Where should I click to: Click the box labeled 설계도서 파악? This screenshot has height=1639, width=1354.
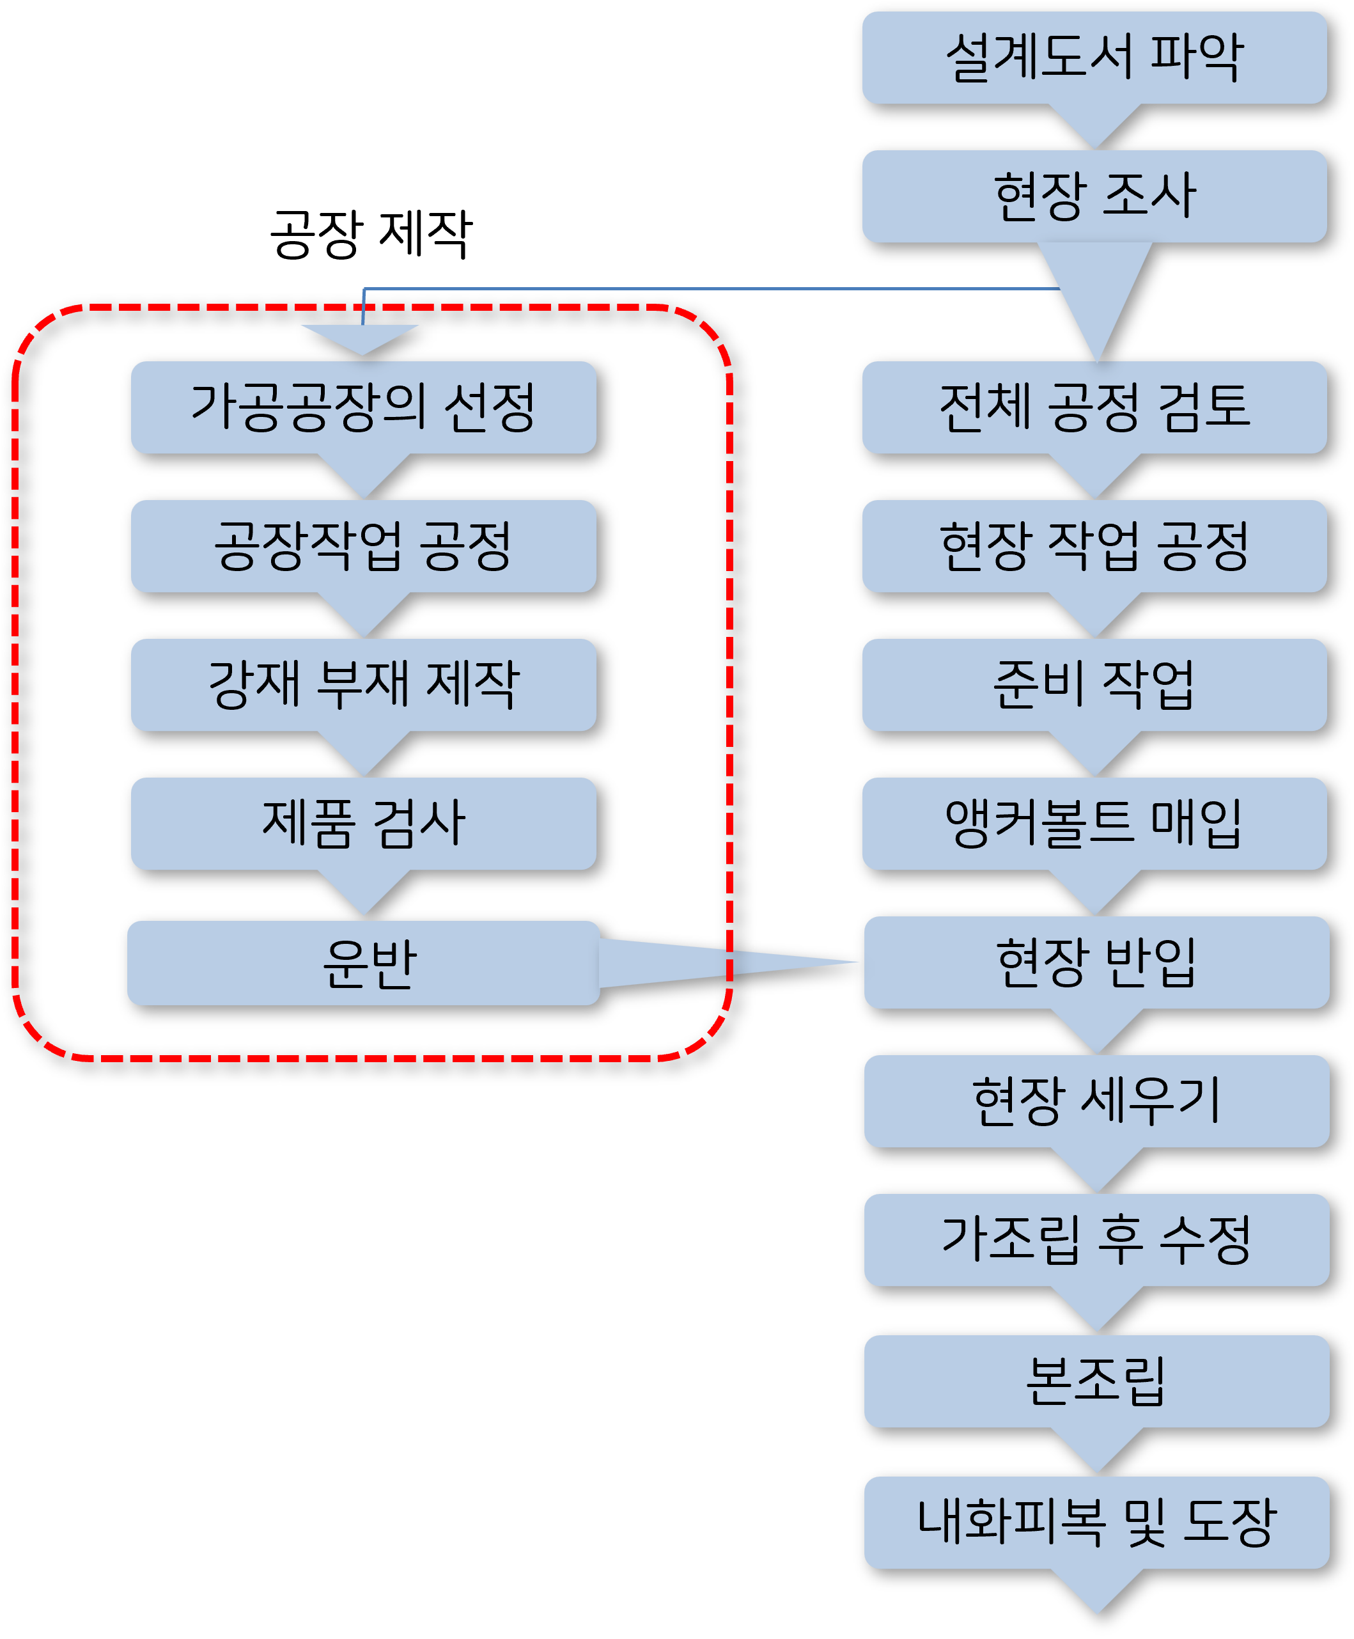(1094, 57)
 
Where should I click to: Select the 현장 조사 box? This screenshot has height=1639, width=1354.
(1094, 196)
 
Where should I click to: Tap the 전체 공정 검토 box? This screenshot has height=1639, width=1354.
(1094, 407)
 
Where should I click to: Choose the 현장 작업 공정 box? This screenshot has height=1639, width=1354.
(1094, 545)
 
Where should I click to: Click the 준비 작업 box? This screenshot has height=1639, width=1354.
(1094, 684)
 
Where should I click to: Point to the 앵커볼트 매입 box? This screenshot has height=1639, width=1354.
(1094, 823)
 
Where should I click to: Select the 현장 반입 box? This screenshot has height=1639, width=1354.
(1096, 962)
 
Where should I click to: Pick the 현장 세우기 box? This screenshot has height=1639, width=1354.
(1096, 1101)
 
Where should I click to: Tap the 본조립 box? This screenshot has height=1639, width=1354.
(1096, 1381)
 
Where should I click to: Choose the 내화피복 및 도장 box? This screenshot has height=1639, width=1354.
(1096, 1522)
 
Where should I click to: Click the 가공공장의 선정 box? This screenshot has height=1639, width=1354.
(364, 407)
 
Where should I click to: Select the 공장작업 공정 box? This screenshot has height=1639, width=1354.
(364, 545)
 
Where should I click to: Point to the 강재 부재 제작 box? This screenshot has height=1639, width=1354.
(364, 684)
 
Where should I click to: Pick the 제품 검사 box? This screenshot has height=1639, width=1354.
(364, 823)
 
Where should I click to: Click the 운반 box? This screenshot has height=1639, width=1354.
(364, 962)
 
